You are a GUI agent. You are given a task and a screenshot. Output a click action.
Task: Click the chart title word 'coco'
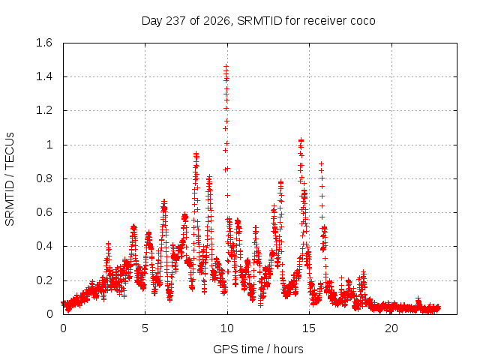(x=362, y=21)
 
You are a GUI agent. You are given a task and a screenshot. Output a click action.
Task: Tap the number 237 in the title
(x=175, y=21)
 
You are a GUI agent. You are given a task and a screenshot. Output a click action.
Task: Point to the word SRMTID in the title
(x=259, y=21)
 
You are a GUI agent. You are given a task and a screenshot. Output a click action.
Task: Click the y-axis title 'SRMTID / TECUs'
(x=10, y=179)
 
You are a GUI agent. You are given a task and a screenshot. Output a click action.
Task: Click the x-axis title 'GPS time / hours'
(x=258, y=349)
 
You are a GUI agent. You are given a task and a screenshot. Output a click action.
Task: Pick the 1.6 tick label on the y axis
(x=44, y=43)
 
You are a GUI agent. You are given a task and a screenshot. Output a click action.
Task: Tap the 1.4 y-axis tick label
(x=44, y=76)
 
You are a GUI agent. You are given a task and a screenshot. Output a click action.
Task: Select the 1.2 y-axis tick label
(x=44, y=110)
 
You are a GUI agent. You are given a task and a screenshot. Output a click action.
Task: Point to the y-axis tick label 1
(x=49, y=145)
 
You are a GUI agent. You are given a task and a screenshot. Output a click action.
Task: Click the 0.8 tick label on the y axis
(x=44, y=178)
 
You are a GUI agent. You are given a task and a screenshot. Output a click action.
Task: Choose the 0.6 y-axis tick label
(x=44, y=212)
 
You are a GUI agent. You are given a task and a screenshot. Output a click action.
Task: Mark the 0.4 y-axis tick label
(x=44, y=246)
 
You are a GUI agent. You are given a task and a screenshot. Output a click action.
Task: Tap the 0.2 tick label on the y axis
(x=44, y=280)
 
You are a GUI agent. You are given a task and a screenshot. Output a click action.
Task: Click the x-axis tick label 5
(x=145, y=328)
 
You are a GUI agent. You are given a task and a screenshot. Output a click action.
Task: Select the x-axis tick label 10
(x=227, y=328)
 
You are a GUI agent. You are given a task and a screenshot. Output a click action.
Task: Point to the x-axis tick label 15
(x=309, y=328)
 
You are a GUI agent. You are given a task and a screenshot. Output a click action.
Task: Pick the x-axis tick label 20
(x=391, y=328)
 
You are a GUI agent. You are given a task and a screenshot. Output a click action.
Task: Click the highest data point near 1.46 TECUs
(x=226, y=67)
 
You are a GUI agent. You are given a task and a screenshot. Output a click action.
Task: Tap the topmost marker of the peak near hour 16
(x=321, y=163)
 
